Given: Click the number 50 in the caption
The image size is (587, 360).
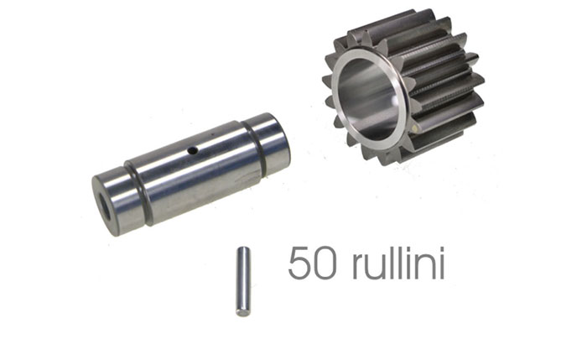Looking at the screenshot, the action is pyautogui.click(x=312, y=263).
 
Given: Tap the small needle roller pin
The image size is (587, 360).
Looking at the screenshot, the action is pyautogui.click(x=243, y=281).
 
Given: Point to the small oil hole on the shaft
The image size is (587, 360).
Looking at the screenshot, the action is pyautogui.click(x=193, y=150).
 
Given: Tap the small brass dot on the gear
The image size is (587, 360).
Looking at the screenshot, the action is pyautogui.click(x=413, y=129).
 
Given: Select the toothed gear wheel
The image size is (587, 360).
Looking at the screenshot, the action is pyautogui.click(x=403, y=87).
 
